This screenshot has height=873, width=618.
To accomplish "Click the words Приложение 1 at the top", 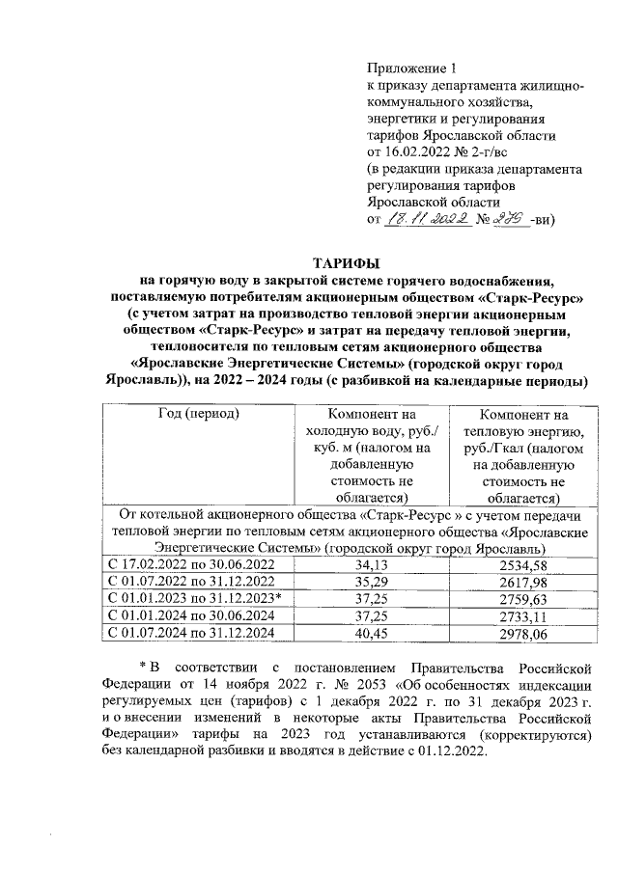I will (410, 68).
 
